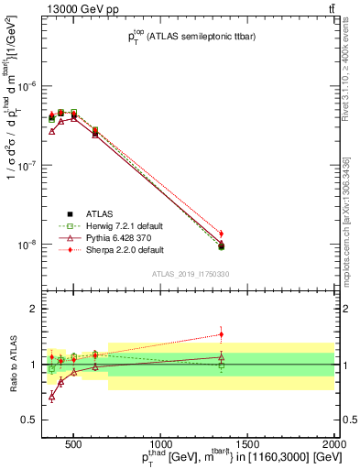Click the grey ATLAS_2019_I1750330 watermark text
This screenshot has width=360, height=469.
[190, 274]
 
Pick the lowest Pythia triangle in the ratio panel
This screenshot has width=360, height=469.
[51, 397]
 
